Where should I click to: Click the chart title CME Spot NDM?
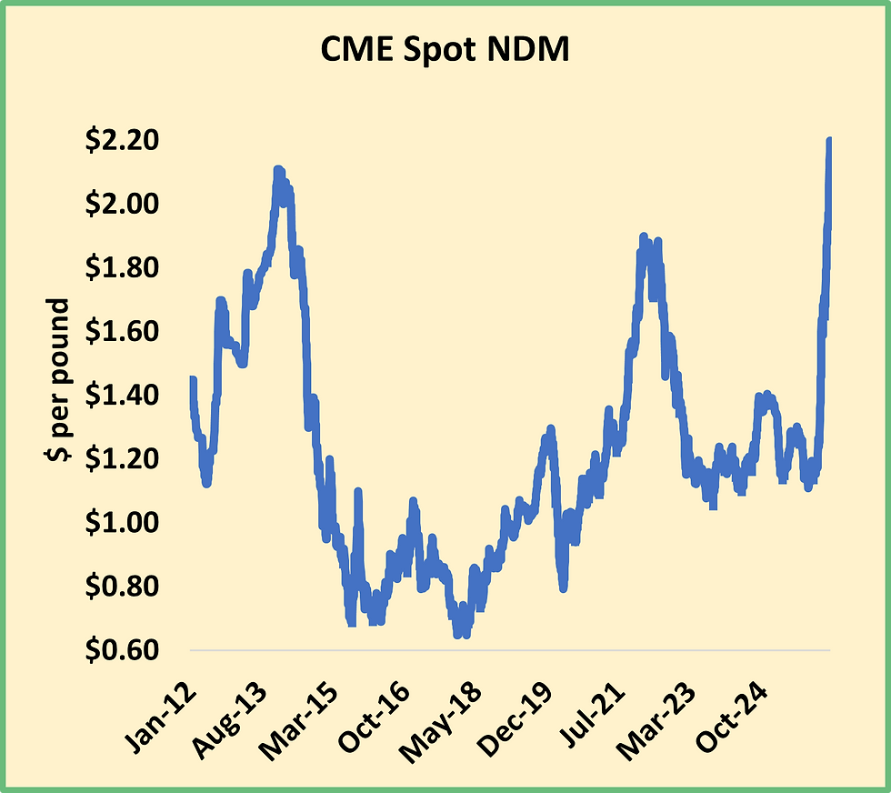445,51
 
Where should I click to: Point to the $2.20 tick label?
121,140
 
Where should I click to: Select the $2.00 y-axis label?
121,204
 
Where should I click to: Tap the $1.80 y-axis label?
121,268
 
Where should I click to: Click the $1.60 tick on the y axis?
121,332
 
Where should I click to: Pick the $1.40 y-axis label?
121,396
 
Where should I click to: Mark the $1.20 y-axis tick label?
121,459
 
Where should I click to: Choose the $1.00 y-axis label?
121,523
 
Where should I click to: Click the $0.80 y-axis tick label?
121,587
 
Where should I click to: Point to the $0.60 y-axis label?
121,651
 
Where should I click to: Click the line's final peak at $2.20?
829,142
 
